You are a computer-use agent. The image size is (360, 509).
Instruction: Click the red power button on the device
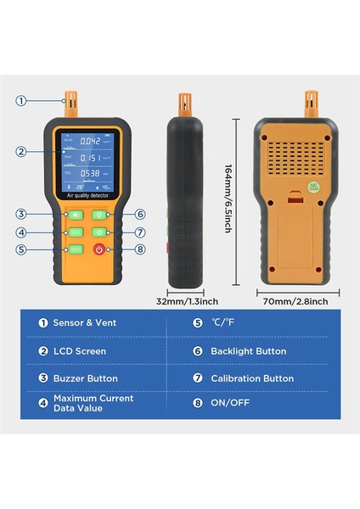point(100,249)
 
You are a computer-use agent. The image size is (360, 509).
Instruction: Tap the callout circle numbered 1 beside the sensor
point(21,101)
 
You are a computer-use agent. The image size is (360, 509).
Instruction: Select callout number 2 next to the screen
point(21,152)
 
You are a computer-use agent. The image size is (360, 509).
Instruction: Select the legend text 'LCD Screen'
point(79,350)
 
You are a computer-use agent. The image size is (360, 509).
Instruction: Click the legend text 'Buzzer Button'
point(85,378)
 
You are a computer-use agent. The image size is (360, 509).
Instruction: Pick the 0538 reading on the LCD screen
point(88,173)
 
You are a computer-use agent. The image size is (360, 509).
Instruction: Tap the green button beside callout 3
point(75,215)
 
